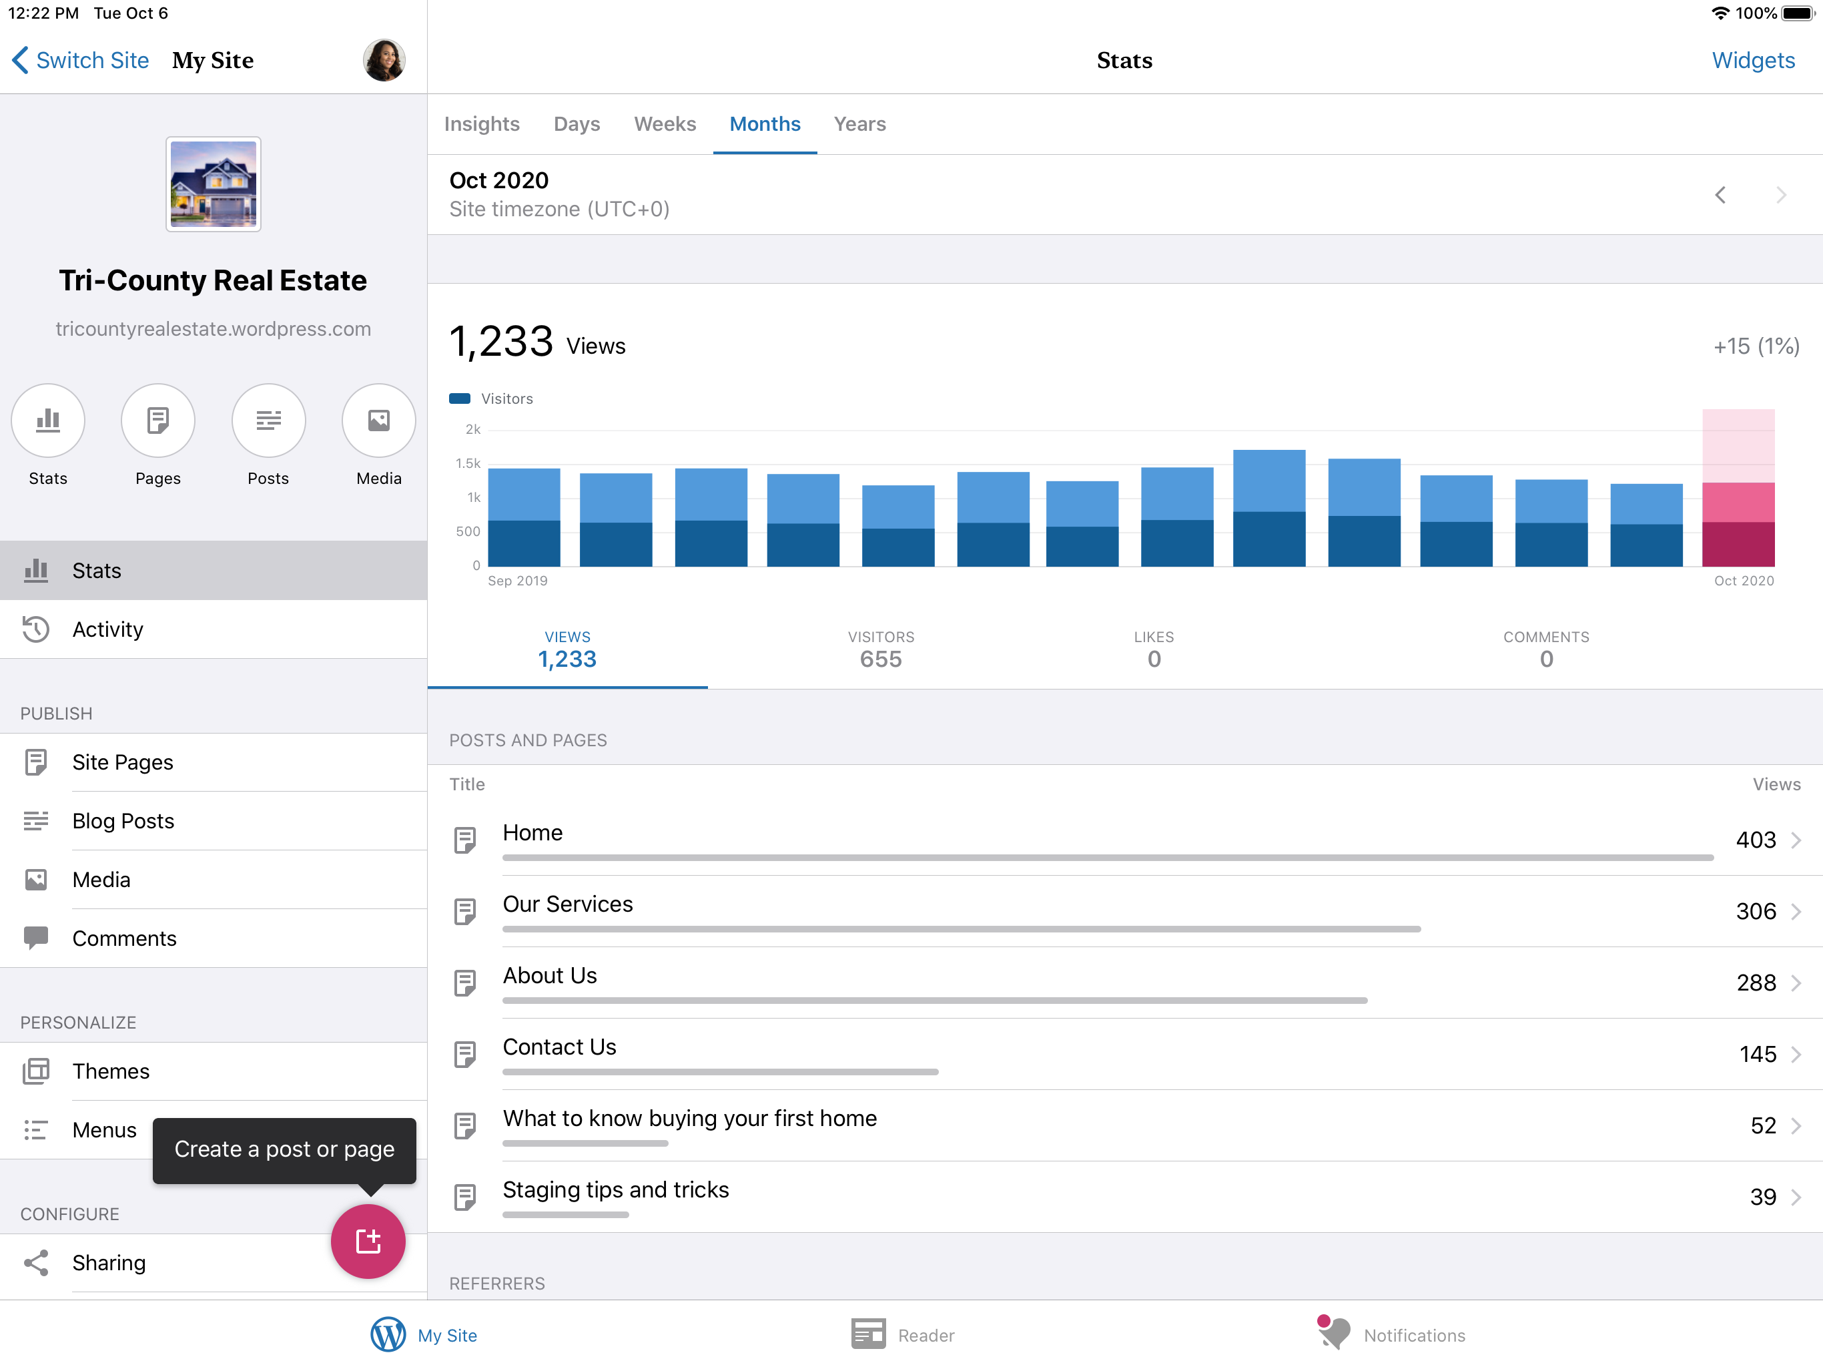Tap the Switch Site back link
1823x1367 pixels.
(80, 60)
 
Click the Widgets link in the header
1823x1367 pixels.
(1753, 60)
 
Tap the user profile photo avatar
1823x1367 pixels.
(384, 60)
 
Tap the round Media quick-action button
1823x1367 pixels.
(379, 421)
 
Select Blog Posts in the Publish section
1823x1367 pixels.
(123, 820)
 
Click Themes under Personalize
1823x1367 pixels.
(111, 1071)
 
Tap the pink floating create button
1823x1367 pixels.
(368, 1241)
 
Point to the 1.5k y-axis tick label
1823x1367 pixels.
(468, 463)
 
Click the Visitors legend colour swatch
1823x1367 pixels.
(460, 398)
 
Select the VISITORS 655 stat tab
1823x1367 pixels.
(881, 649)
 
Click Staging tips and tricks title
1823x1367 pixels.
(616, 1189)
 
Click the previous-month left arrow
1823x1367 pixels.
(1720, 195)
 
